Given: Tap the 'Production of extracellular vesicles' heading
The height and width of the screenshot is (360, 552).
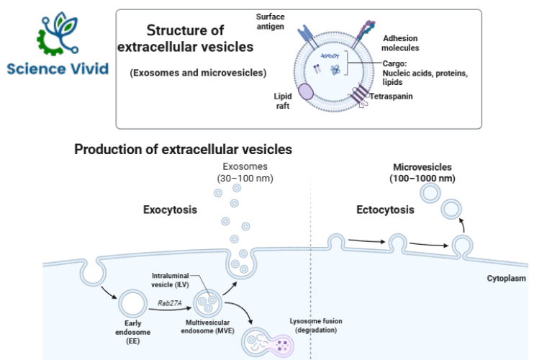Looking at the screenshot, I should [x=183, y=150].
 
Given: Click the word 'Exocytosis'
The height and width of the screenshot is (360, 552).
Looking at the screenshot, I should [x=171, y=210].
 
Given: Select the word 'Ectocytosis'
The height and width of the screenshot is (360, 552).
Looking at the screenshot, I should [x=385, y=210].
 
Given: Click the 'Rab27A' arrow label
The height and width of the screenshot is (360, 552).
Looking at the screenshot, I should [x=170, y=304].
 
